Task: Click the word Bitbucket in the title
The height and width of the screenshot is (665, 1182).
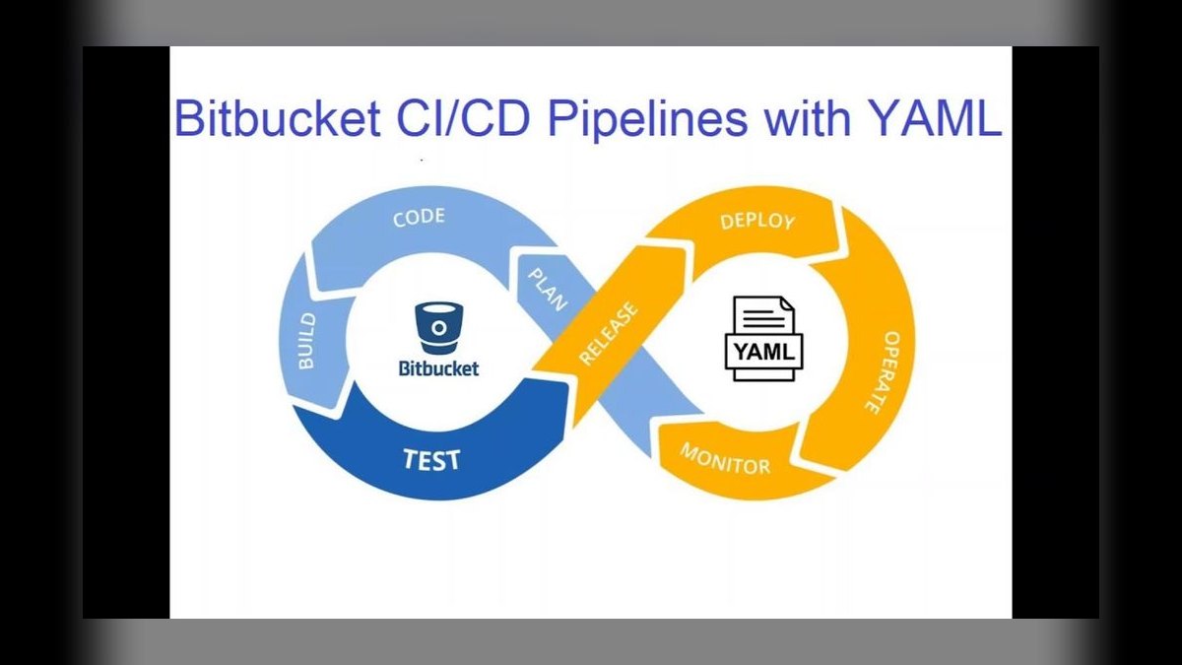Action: [277, 118]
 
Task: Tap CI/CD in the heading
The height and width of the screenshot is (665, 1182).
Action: [463, 118]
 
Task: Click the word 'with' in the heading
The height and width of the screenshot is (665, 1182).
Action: [808, 118]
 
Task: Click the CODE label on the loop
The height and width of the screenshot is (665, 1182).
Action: [419, 217]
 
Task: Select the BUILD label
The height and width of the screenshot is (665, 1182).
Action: [306, 341]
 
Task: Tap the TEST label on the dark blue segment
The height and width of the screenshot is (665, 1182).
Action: [431, 459]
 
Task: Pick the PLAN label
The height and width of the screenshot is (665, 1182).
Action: [549, 290]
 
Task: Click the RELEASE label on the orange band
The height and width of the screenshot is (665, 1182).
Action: [609, 334]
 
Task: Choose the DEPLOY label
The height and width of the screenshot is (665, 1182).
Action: [757, 222]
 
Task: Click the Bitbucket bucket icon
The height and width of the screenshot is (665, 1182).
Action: [439, 328]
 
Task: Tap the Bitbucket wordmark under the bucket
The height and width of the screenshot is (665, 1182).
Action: [439, 368]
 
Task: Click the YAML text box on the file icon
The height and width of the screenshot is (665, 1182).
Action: [764, 351]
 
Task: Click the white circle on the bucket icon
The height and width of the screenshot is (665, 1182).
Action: [439, 328]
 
